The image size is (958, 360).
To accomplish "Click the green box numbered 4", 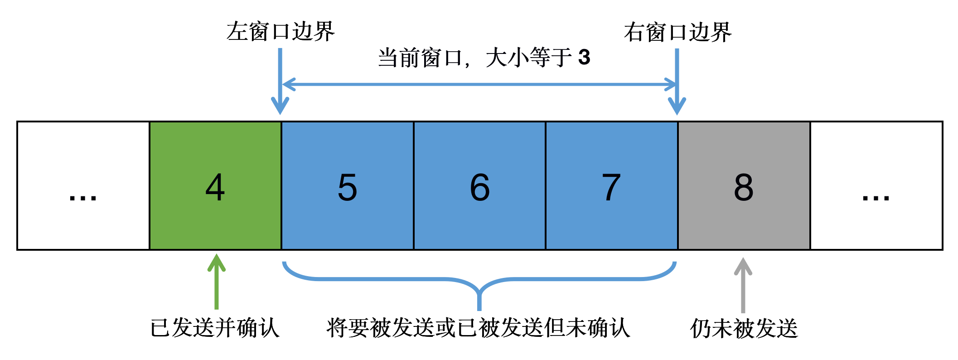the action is pos(215,186).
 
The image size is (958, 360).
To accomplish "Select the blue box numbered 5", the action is pos(348,186).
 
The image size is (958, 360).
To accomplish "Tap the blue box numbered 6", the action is pos(479,186).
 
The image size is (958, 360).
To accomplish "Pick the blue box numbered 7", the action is pos(611,186).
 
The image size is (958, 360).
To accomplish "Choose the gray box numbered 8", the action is pos(744,186).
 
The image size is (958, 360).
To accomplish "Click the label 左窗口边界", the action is pos(281,32).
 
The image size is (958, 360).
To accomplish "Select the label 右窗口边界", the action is pos(677,32).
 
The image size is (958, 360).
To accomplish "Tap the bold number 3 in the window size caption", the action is pos(584,58).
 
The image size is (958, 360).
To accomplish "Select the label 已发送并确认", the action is pos(215,327).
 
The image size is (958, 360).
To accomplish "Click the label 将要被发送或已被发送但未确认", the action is pos(478,327).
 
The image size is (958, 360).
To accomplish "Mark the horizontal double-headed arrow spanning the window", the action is pos(479,84).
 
